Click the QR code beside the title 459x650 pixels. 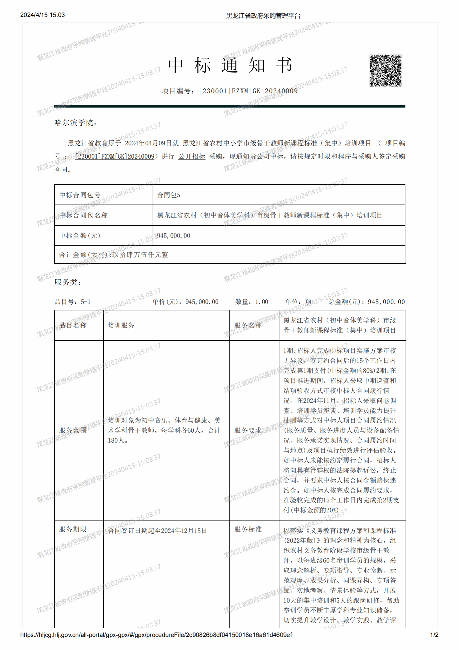pos(385,71)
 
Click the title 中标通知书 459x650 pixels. pos(229,65)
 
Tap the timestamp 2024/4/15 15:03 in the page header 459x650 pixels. pos(43,15)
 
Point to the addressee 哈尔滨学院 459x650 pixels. pos(75,123)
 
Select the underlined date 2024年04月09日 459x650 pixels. pos(149,143)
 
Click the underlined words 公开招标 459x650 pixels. pos(192,156)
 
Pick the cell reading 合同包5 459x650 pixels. pos(169,195)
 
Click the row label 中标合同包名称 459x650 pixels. pos(83,215)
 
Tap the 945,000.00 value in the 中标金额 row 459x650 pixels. pos(173,236)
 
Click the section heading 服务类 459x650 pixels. pos(67,282)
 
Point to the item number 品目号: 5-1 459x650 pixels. pos(73,302)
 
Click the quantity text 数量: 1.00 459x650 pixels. pos(251,302)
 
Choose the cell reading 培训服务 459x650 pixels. pos(121,325)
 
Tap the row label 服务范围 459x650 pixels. pos(73,430)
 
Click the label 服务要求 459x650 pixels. pos(248,430)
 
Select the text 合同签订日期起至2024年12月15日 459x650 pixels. pos(157,531)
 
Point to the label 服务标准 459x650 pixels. pos(248,529)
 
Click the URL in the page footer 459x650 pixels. pos(156,635)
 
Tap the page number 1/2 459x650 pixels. pos(434,635)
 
